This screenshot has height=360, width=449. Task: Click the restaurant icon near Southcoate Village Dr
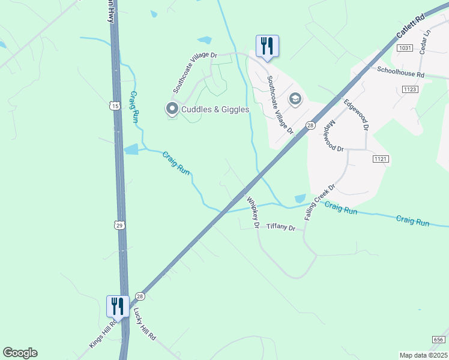coord(267,46)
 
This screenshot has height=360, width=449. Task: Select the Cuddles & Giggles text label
coord(215,109)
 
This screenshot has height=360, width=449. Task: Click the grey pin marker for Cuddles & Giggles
coord(172,109)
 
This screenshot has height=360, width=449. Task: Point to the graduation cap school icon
coord(295,98)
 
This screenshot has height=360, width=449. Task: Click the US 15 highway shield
coord(115,106)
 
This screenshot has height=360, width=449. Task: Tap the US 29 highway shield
coord(120,224)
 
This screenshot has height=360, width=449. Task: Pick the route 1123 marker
coord(411,89)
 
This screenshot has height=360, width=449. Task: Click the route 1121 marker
coord(381,158)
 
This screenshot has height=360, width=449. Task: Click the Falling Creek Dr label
coord(318,202)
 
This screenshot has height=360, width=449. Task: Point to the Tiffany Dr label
coord(281,227)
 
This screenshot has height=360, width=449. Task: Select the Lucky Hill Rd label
coord(145,325)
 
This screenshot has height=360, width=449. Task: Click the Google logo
coord(20,353)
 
